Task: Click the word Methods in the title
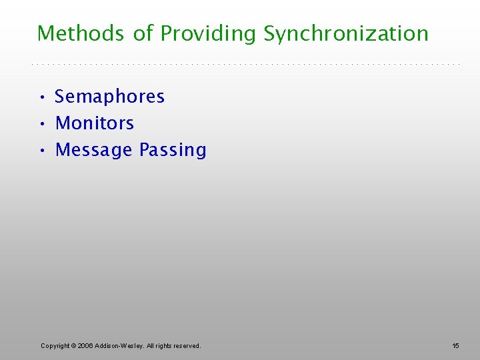pos(81,33)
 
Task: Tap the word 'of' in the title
pos(143,33)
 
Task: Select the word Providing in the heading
pos(209,33)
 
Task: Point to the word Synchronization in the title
pos(346,33)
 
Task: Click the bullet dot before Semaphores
pos(41,98)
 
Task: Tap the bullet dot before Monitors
pos(41,124)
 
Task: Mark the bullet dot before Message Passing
pos(41,151)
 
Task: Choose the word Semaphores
pos(110,97)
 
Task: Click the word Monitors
pos(95,123)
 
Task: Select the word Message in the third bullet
pos(94,150)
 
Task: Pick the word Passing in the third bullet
pos(173,150)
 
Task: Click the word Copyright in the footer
pos(56,346)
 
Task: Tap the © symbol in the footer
pos(75,346)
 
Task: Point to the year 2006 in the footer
pos(85,346)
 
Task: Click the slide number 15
pos(455,346)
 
